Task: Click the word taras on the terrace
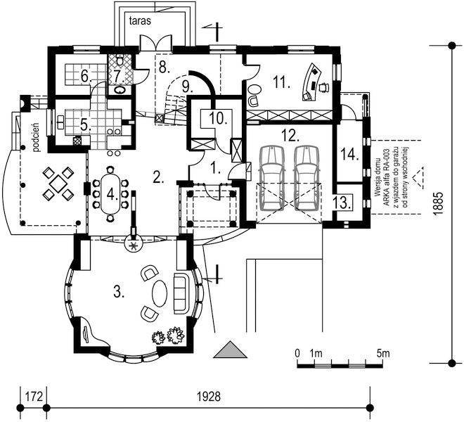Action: coord(141,20)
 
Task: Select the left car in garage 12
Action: coord(271,178)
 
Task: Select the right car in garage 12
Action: coord(307,178)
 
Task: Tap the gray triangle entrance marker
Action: coord(230,350)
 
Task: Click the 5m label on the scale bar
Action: coord(383,353)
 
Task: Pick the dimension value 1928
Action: coord(209,396)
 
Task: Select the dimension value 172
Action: coord(34,396)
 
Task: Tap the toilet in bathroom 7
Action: coord(120,60)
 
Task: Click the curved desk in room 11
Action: coord(311,82)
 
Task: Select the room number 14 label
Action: coord(349,155)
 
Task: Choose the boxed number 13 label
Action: coord(342,203)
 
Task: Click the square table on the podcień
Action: coord(58,183)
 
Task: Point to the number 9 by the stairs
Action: coord(186,87)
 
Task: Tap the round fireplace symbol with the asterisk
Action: coord(134,245)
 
